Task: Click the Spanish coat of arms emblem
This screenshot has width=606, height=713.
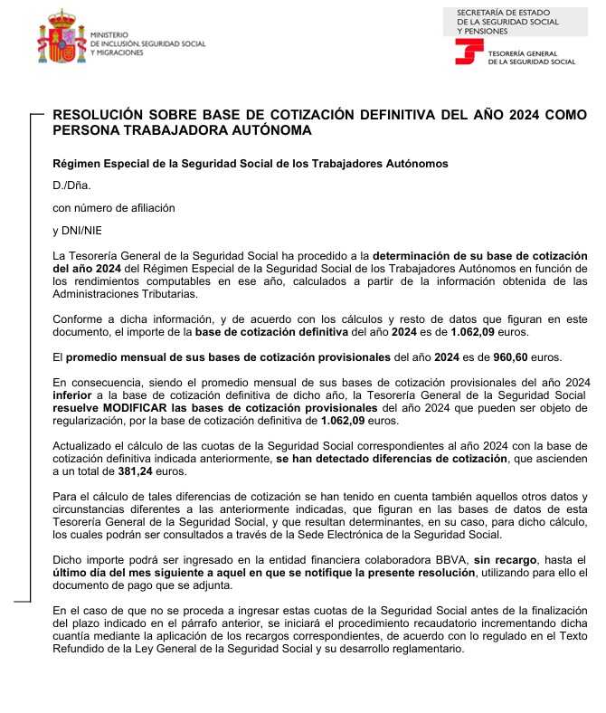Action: click(61, 39)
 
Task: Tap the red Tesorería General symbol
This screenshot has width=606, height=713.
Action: click(468, 52)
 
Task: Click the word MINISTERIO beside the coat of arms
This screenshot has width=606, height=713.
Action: click(111, 34)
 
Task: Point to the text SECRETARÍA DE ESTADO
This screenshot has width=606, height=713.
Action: click(497, 12)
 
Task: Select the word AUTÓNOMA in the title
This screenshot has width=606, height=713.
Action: click(271, 130)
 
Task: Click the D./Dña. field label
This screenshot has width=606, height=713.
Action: click(67, 185)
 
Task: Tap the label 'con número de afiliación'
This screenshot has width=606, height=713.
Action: click(114, 207)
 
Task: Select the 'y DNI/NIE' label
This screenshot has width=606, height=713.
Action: click(78, 230)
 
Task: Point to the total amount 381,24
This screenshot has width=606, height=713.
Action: click(136, 471)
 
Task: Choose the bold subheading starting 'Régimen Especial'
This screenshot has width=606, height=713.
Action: click(251, 163)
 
